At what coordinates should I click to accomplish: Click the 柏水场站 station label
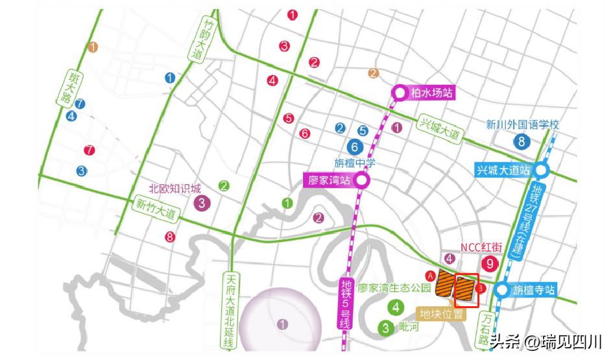[x=430, y=93]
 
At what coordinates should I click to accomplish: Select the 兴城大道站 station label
[x=502, y=170]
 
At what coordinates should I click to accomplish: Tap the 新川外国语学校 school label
[x=523, y=125]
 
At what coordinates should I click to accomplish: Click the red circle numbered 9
[x=490, y=263]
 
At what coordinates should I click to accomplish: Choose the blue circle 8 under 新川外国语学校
[x=520, y=141]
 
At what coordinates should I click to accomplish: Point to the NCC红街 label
[x=481, y=247]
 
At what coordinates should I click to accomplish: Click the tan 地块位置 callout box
[x=442, y=315]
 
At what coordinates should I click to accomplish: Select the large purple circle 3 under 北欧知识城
[x=202, y=203]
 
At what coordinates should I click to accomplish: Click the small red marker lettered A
[x=429, y=275]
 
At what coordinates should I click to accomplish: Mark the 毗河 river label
[x=409, y=327]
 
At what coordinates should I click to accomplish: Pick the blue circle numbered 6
[x=354, y=147]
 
